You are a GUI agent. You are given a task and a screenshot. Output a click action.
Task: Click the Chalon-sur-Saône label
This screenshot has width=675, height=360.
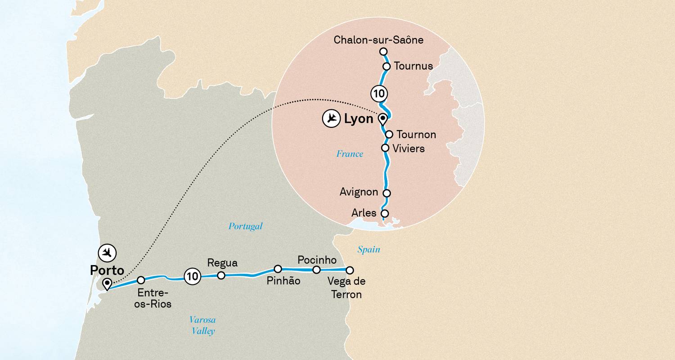378,40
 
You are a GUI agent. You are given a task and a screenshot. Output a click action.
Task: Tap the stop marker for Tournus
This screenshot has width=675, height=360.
386,67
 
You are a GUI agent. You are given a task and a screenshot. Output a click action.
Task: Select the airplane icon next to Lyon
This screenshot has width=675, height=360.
331,119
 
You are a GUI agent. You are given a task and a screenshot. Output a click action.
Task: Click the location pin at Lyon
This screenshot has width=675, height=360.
382,119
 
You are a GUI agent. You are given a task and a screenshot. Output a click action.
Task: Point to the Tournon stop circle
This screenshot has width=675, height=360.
389,134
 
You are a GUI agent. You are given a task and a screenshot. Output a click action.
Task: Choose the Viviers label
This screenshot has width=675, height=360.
409,148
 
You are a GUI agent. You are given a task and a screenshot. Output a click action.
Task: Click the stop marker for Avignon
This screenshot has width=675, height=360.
386,193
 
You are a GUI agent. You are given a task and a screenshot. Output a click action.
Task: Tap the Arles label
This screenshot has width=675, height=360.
364,213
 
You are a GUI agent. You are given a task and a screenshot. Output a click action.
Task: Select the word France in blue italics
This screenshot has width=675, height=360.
350,154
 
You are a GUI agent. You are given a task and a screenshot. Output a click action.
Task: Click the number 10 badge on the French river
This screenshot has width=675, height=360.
379,94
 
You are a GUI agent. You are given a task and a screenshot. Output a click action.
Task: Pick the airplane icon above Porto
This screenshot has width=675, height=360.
107,253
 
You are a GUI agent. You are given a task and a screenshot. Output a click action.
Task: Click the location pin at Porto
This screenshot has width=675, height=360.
107,284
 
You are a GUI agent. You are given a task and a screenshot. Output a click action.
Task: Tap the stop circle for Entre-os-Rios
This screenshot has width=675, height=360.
141,280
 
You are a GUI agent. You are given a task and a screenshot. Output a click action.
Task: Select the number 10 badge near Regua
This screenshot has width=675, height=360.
193,276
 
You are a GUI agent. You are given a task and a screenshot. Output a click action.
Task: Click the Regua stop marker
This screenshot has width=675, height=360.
221,275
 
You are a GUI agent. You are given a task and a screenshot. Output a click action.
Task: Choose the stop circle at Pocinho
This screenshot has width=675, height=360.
316,270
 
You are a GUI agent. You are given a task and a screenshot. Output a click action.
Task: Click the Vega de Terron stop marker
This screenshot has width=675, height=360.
349,270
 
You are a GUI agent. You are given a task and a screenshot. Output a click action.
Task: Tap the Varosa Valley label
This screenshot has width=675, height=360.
202,325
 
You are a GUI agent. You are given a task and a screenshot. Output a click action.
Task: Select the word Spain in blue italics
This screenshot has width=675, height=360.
369,249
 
